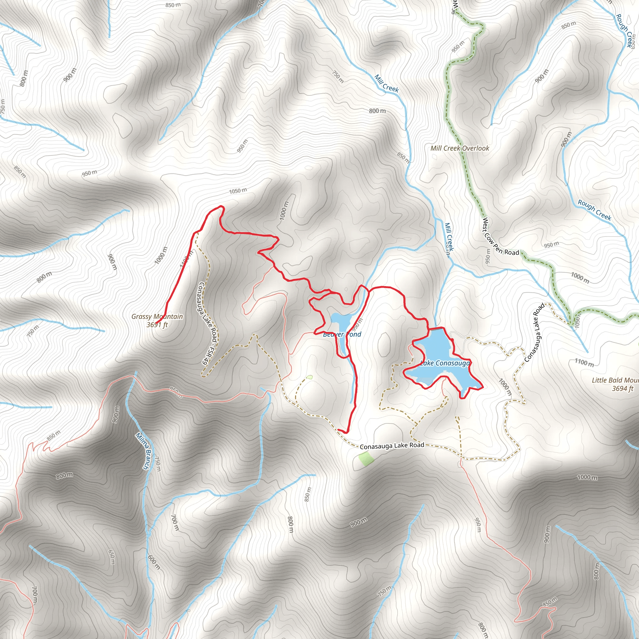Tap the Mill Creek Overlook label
[459, 148]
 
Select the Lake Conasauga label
[445, 363]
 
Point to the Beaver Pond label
[342, 334]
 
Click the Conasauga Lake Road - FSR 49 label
[208, 323]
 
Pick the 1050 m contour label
[238, 191]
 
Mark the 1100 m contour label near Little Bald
[584, 363]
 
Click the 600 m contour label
[154, 562]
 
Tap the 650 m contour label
[112, 557]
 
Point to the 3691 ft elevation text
[157, 325]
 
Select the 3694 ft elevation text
[622, 389]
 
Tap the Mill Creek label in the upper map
[386, 84]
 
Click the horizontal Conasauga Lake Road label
[392, 446]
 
